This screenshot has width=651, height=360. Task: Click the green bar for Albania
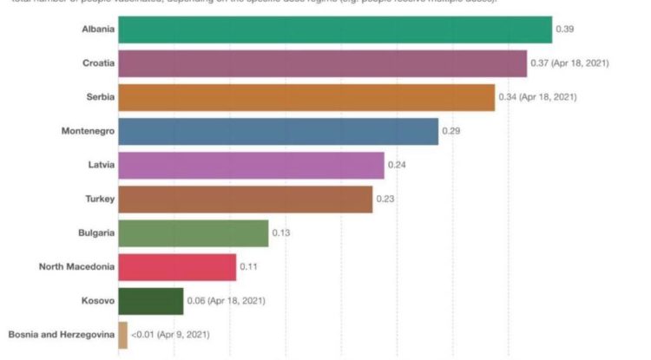334,29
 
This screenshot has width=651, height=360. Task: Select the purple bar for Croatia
322,63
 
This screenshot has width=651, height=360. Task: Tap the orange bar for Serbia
306,97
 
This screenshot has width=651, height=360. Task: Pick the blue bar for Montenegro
278,131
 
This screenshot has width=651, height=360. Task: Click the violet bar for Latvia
251,165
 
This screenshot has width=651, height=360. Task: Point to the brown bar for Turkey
245,199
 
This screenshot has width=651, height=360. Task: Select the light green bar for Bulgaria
193,232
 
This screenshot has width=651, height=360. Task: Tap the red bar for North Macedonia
177,266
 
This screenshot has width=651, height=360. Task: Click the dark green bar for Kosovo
150,301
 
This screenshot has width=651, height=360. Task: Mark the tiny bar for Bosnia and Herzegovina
122,335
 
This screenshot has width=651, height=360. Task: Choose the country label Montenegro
87,131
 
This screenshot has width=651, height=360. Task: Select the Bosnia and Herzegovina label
61,335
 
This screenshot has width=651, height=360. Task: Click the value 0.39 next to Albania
565,29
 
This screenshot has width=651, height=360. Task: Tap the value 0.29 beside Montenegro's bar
451,131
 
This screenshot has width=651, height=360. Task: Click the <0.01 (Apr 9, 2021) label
170,335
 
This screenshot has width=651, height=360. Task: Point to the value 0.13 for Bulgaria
281,232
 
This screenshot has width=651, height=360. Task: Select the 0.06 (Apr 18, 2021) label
226,301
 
